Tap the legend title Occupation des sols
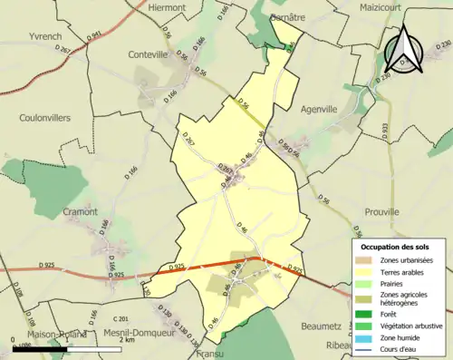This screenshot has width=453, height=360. (x=397, y=247)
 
